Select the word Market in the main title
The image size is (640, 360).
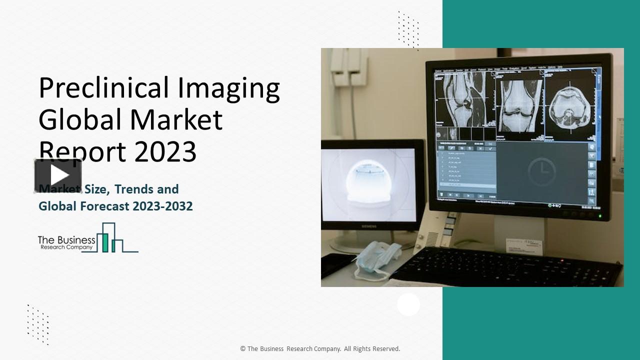tap(176, 120)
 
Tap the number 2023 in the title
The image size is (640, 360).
tap(164, 152)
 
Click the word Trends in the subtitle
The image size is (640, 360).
tap(138, 189)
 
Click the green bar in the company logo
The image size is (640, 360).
tap(105, 242)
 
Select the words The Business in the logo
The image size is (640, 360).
tap(66, 240)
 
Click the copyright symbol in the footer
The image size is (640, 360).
tap(242, 349)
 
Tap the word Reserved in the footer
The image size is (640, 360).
tap(384, 349)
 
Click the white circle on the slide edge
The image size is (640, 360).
tap(408, 304)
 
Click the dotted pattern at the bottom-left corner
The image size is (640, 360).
tap(38, 324)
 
